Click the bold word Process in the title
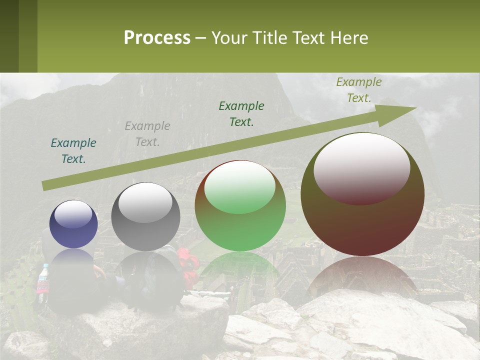pos(157,38)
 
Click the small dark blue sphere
pos(73,224)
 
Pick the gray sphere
pos(145,216)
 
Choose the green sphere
pos(240,206)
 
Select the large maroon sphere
pos(362,194)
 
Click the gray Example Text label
pos(147,134)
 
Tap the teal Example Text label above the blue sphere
pos(73,151)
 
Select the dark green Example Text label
pos(241,114)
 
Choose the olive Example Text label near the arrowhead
pos(358,90)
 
